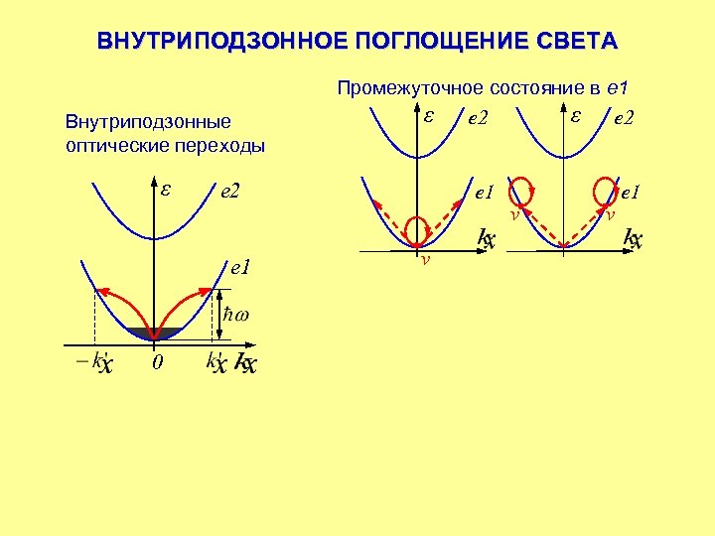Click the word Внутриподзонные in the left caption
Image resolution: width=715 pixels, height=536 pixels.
[x=147, y=123]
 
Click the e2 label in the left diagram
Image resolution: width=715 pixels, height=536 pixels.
[x=232, y=191]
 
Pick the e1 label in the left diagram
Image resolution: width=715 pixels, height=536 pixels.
[x=239, y=267]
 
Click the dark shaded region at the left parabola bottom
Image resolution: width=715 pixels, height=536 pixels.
[x=154, y=333]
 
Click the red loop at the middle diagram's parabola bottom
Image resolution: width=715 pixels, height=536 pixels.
[x=419, y=226]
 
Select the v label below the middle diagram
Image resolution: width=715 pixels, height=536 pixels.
[x=425, y=260]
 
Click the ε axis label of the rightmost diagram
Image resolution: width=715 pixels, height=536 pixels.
[x=575, y=115]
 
